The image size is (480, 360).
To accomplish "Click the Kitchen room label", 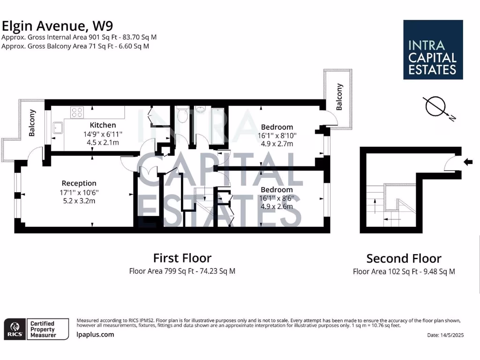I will (103, 125).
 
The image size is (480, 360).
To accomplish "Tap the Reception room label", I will (79, 183).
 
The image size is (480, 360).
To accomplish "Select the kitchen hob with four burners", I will (76, 112).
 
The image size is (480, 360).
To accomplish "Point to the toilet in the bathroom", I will (182, 115).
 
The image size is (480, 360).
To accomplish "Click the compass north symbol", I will (436, 106).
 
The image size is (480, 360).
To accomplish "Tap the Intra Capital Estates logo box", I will (433, 50).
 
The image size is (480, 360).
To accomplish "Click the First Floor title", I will (182, 258).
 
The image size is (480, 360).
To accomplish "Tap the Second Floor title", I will (404, 258).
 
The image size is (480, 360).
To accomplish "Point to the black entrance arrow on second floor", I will (468, 162).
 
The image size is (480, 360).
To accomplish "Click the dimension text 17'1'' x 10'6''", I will (79, 192).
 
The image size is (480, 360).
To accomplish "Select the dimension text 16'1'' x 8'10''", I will (277, 135).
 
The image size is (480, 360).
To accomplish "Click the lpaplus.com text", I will (95, 335).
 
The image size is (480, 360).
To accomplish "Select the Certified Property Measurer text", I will (43, 329).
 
